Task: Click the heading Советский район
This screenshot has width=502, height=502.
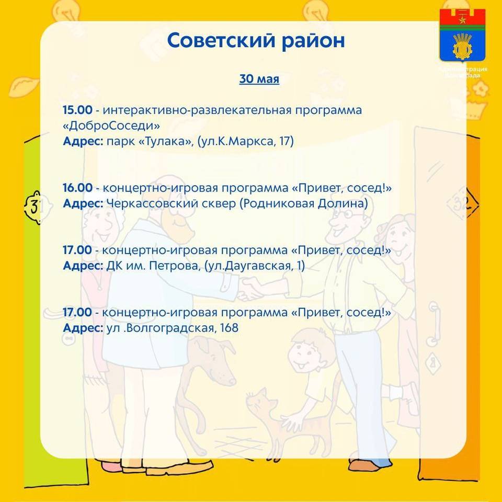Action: pyautogui.click(x=256, y=41)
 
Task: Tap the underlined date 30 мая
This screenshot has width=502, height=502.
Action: pyautogui.click(x=259, y=79)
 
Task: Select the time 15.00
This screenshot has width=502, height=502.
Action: pyautogui.click(x=77, y=110)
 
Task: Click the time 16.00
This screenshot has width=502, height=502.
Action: pyautogui.click(x=77, y=188)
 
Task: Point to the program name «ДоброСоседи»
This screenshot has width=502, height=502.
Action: pyautogui.click(x=111, y=125)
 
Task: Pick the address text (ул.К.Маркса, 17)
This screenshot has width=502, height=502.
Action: pyautogui.click(x=246, y=141)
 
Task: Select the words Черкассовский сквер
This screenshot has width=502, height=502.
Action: pyautogui.click(x=172, y=203)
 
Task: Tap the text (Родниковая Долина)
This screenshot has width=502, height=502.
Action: pyautogui.click(x=304, y=203)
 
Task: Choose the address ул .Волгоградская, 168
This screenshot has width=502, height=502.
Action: pyautogui.click(x=172, y=328)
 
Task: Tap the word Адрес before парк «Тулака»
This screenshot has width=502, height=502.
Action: pyautogui.click(x=83, y=141)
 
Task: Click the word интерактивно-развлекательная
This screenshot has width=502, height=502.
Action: pyautogui.click(x=197, y=110)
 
